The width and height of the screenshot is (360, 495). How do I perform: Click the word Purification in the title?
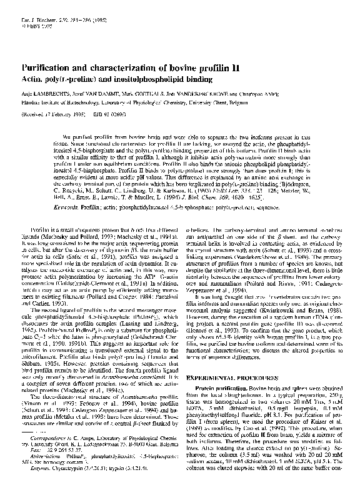(47, 67)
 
